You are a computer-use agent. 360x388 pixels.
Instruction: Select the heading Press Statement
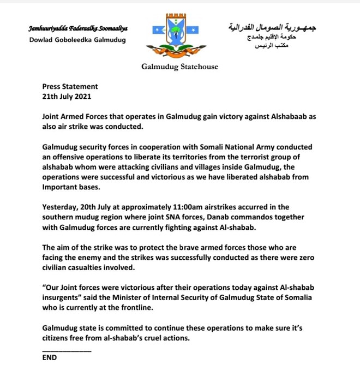(70, 86)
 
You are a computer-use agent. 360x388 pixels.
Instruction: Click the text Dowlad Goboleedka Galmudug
(77, 40)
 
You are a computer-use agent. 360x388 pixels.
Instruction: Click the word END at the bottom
(50, 358)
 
